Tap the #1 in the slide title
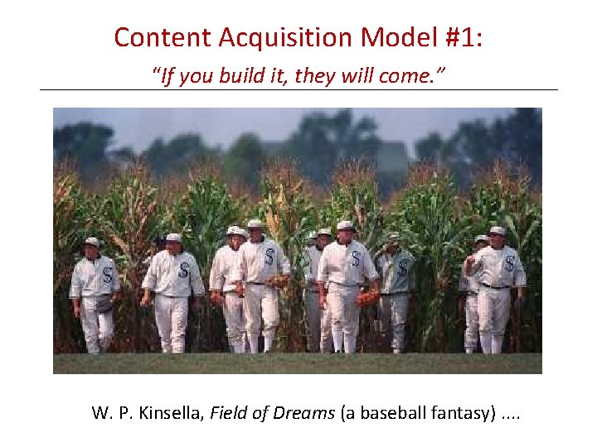[457, 38]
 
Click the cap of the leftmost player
[92, 242]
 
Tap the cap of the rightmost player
[497, 230]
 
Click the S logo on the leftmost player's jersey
[107, 274]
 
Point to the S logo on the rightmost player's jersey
[509, 263]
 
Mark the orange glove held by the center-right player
[367, 297]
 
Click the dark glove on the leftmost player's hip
[104, 304]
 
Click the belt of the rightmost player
[496, 286]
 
